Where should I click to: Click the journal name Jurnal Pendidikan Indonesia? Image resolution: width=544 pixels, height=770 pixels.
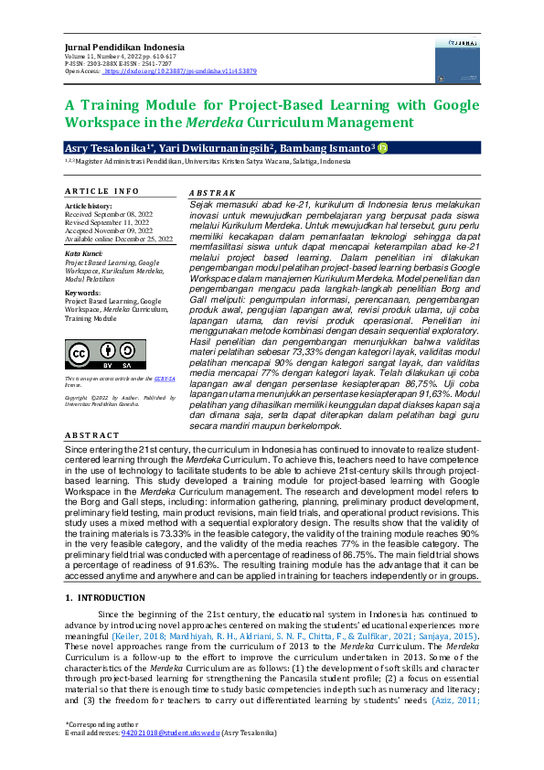click(x=124, y=47)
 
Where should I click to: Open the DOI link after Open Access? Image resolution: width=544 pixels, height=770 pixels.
click(x=179, y=70)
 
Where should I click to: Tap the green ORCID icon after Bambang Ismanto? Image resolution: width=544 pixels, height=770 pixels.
click(x=382, y=148)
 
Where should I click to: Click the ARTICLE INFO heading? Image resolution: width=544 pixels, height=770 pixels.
click(x=101, y=191)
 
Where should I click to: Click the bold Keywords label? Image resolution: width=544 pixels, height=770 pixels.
click(x=83, y=293)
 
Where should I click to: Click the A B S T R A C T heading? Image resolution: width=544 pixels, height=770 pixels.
click(x=93, y=436)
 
